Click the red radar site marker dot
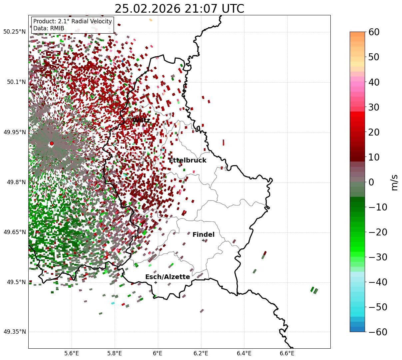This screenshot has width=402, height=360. pos(52,144)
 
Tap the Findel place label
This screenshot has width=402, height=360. pos(203,235)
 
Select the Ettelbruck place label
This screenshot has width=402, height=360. pos(188,161)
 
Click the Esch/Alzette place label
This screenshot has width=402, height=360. pos(168,277)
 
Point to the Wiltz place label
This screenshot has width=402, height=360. pos(141,120)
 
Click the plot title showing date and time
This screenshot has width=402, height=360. pos(179,9)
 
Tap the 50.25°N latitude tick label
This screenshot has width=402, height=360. pos(14,32)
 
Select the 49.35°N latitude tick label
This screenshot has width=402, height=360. pos(14,332)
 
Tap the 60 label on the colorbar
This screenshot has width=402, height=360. pos(374,32)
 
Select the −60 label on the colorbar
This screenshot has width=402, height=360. pos(378,332)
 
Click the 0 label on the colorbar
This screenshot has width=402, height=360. pos(371,182)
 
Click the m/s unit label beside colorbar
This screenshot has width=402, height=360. pos(395,182)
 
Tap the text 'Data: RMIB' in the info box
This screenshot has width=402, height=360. pos(49,29)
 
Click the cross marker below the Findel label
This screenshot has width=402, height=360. pos(203,240)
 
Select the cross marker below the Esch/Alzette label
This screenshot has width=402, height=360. pos(156,282)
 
